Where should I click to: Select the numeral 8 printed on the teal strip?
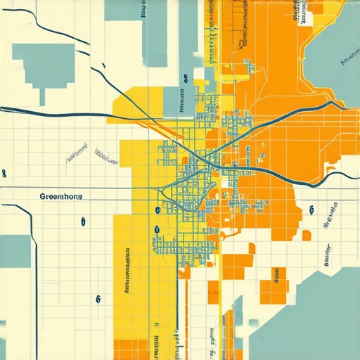(x=184, y=79)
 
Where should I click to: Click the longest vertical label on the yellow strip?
(x=128, y=271)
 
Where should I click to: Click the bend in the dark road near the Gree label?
(x=32, y=211)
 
